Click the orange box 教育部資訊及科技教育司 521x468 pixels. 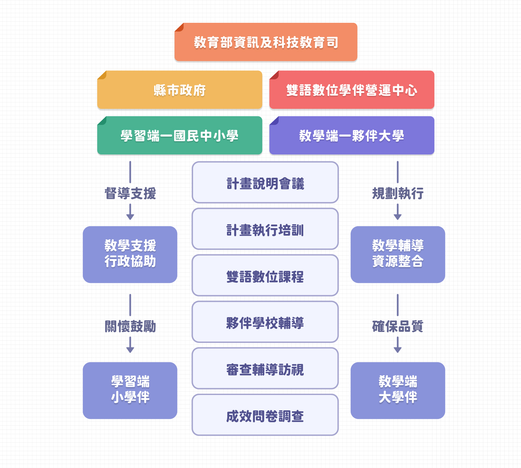266,42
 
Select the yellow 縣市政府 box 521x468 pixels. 179,90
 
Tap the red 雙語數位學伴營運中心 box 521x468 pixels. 352,90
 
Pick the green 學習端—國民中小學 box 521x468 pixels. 179,136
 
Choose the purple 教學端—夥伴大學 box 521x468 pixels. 352,136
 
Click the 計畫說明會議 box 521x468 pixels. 265,183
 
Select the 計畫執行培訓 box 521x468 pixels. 265,229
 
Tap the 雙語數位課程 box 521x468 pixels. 265,276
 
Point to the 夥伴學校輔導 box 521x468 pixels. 265,322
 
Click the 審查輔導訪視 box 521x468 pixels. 265,369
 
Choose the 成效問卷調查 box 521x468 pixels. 265,415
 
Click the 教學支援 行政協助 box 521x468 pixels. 130,255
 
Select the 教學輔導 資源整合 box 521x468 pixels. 398,255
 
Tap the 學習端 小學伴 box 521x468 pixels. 130,390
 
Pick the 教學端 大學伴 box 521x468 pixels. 398,390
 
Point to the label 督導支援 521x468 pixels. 130,194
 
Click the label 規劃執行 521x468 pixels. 398,194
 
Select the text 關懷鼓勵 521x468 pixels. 130,327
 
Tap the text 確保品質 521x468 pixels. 398,327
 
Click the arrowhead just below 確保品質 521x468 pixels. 398,349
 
